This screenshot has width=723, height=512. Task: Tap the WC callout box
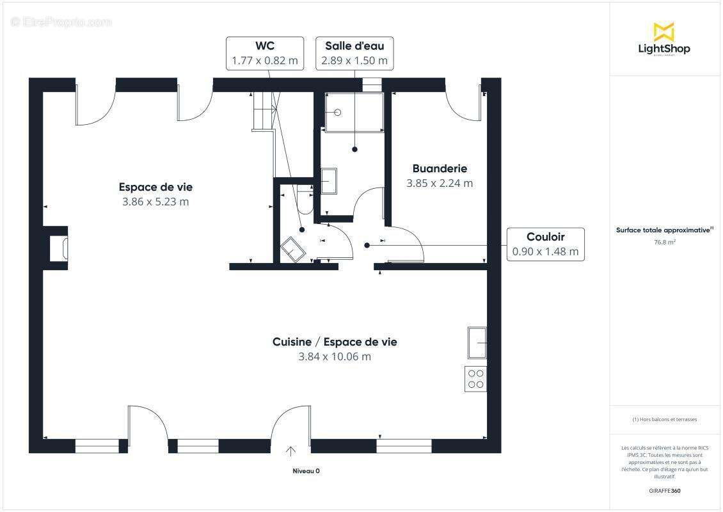(265, 53)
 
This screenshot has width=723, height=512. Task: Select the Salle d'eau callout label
(354, 53)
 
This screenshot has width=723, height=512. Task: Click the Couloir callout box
(545, 244)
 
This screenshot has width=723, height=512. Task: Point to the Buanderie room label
(440, 169)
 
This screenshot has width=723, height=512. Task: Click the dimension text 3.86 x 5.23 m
(155, 202)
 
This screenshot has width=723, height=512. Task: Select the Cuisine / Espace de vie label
(335, 342)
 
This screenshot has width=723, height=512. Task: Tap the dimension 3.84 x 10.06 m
(335, 356)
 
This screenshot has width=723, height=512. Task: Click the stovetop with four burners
(476, 379)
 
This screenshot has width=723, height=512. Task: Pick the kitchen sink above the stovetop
(477, 343)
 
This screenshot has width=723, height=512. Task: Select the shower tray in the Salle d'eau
(354, 113)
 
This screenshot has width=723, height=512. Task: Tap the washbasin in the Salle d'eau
(329, 180)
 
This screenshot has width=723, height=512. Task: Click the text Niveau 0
(306, 471)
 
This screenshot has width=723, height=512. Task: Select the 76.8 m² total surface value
(665, 243)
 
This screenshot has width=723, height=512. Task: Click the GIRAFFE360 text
(665, 491)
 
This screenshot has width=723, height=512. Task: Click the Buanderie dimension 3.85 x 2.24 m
(440, 183)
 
